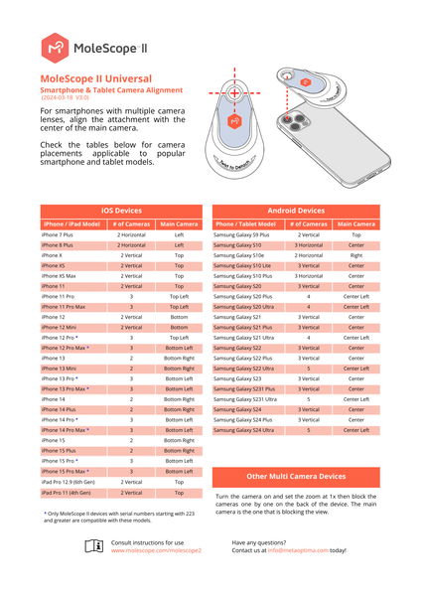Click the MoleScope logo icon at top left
[x=58, y=46]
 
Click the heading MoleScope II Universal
[x=95, y=78]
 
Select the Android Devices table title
[x=297, y=211]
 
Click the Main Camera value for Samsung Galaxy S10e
[x=355, y=255]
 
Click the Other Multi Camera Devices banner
[x=297, y=478]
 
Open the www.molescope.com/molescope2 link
[x=155, y=549]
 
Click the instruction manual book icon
[x=94, y=545]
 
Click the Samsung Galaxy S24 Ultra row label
[x=243, y=430]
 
